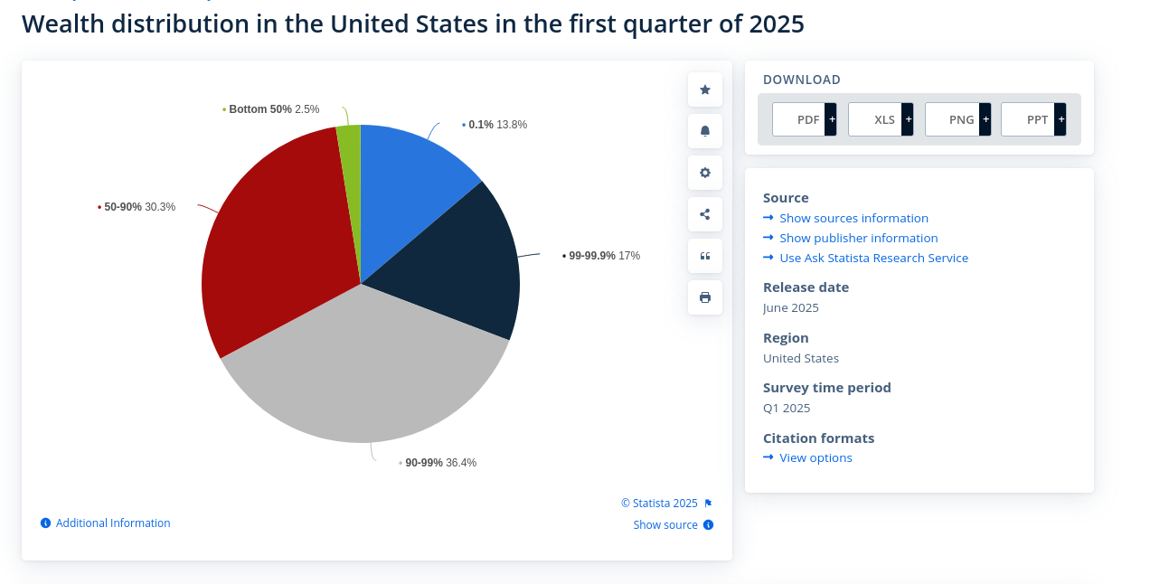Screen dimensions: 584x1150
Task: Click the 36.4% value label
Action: pos(461,463)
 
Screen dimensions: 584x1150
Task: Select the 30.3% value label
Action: pos(160,207)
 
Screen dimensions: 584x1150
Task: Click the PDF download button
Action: pos(804,119)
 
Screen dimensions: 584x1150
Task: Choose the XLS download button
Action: pos(881,119)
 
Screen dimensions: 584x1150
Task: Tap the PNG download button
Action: pos(957,119)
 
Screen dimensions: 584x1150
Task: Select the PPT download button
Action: pos(1033,119)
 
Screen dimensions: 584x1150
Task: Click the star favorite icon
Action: pos(705,89)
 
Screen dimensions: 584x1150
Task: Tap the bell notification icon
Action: pos(705,131)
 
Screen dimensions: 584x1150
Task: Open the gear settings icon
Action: pos(705,173)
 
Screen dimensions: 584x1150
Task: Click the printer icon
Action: pos(705,297)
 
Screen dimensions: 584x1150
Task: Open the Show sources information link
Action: pos(853,218)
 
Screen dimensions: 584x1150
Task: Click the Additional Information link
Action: pos(113,523)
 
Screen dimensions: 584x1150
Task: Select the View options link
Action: pos(815,457)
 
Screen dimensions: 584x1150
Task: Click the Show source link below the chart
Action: pos(665,525)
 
